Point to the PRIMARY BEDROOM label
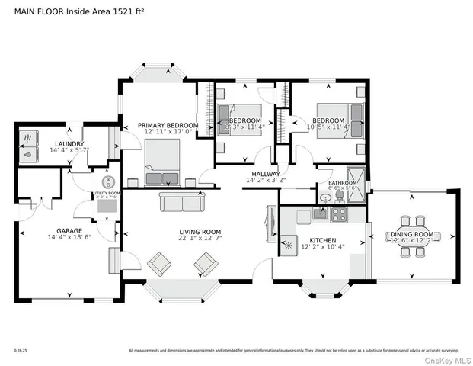pos(168,125)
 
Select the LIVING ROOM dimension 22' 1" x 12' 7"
pos(200,239)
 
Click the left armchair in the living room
pos(160,264)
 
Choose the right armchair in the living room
pos(206,264)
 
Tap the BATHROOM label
pos(343,183)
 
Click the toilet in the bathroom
pos(327,197)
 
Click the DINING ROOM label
pos(411,233)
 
